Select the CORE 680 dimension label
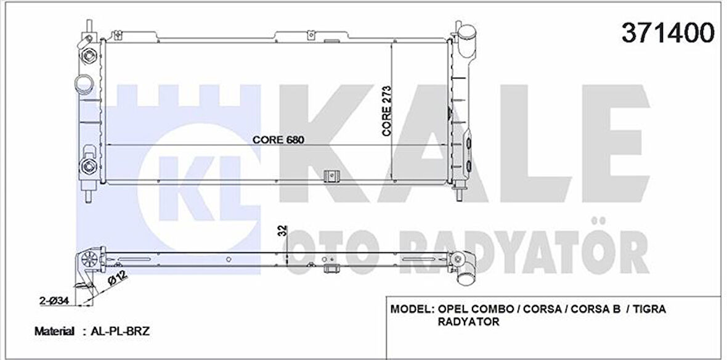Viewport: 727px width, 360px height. tap(279, 139)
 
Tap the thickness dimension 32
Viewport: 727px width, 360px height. tap(283, 232)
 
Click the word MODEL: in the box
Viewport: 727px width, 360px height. tap(412, 309)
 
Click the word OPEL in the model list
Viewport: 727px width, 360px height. tap(452, 309)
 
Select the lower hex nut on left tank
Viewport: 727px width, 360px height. tap(87, 165)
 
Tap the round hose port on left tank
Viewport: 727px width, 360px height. tap(83, 83)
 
